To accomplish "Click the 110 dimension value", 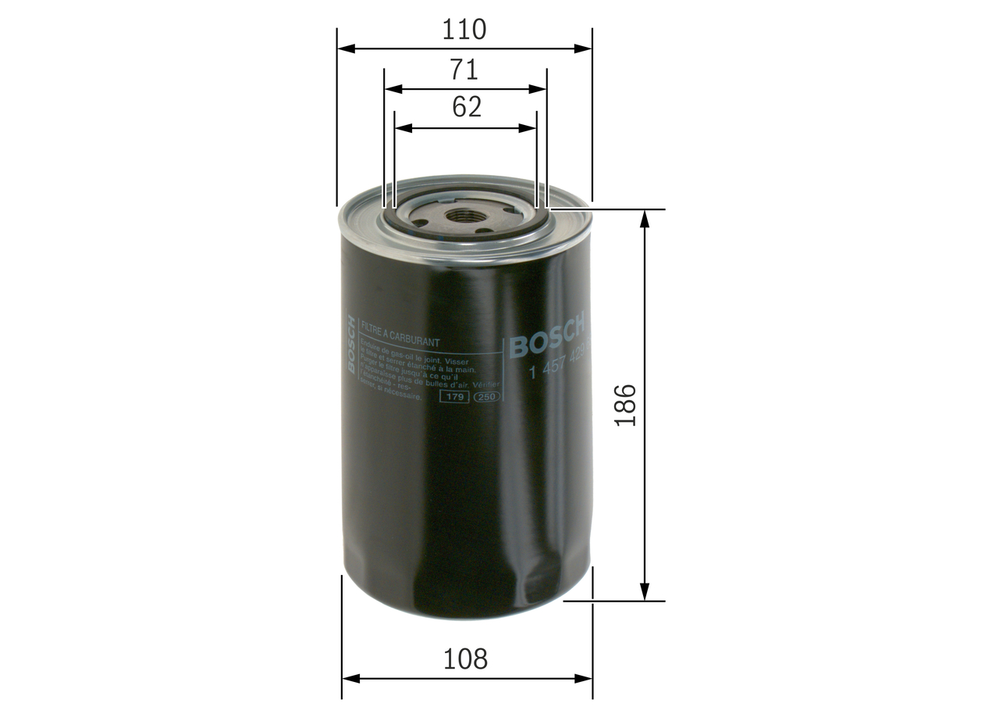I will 464,30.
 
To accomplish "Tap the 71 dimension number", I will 464,70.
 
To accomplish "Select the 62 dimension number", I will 466,108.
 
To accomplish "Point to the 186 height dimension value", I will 626,405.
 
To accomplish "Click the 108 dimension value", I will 465,659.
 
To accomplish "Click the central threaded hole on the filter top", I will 465,216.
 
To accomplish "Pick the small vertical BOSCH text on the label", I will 351,344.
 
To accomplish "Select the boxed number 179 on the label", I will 454,398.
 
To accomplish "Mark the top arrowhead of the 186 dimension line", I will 645,218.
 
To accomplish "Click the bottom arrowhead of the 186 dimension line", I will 645,593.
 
